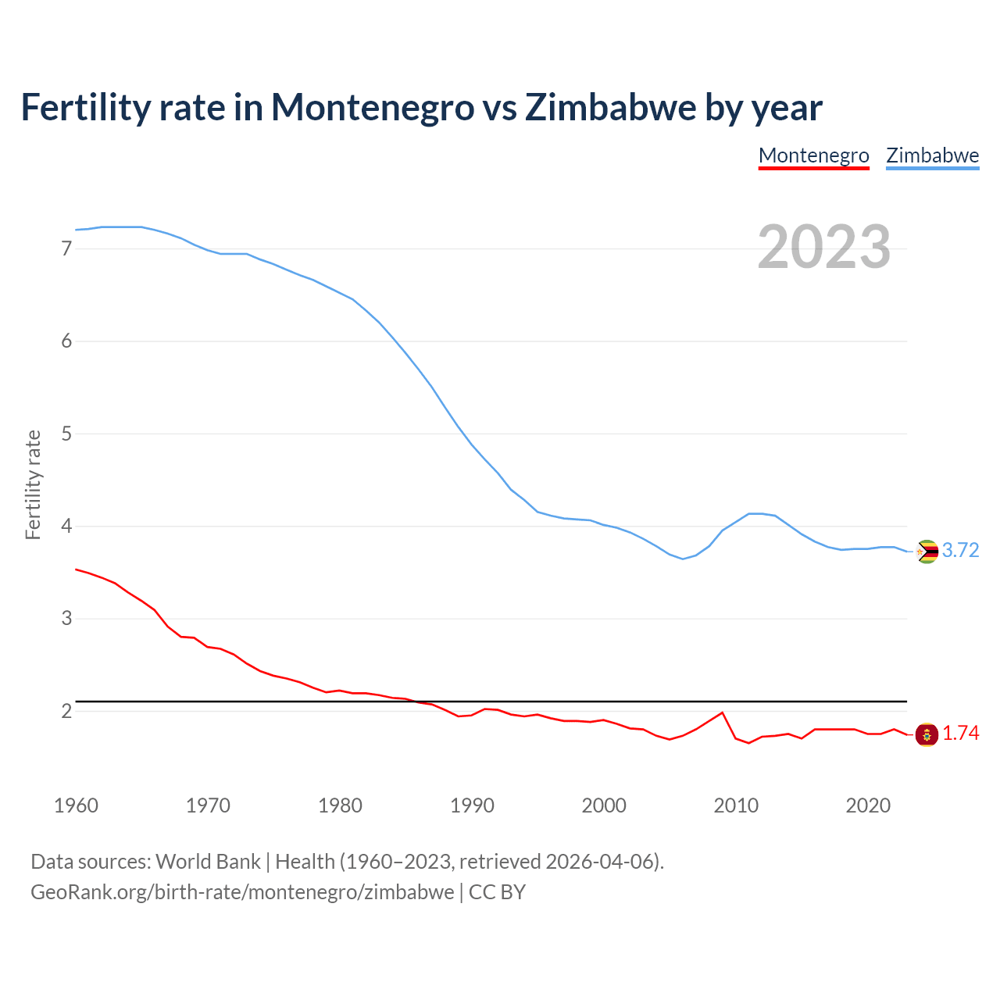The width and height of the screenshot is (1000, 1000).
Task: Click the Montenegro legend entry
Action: coord(813,155)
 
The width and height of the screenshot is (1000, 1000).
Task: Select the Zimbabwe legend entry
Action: coord(932,155)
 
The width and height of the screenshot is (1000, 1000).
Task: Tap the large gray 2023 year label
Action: coord(823,247)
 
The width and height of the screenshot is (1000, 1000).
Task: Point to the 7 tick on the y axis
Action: coord(66,249)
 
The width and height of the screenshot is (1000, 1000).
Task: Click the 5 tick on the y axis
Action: coord(66,434)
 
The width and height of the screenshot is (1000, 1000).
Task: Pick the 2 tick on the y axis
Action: coord(66,711)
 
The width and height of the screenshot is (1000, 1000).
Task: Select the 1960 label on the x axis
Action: coord(76,805)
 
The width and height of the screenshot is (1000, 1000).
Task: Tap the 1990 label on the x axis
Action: coord(472,805)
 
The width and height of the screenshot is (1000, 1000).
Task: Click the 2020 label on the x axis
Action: coord(868,805)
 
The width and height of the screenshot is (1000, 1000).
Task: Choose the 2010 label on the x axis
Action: coord(736,805)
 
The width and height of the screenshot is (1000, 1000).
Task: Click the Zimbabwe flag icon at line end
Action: coord(927,552)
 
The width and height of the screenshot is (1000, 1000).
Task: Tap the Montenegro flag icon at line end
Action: coord(927,734)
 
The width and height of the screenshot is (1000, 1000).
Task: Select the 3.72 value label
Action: coord(960,551)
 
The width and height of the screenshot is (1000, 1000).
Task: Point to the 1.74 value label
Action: coord(960,734)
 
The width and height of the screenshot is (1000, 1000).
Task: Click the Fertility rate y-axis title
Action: coord(33,484)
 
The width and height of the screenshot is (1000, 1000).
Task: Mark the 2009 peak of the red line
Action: coord(723,712)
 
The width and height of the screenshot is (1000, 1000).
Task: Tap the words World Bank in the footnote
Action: coord(208,862)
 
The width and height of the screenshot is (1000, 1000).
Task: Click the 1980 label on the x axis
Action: coord(340,805)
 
